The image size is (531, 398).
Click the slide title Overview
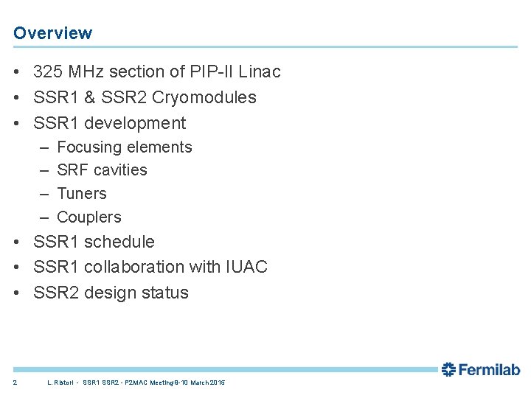[52, 33]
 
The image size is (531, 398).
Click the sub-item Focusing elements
[124, 147]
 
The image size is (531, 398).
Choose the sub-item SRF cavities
[102, 170]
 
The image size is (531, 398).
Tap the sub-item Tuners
[82, 194]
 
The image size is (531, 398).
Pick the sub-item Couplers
[88, 217]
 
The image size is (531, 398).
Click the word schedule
[119, 242]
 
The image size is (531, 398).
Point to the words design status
[136, 293]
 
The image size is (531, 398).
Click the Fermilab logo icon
[448, 369]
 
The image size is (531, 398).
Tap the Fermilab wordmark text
[490, 369]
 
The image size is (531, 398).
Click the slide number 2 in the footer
[15, 383]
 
